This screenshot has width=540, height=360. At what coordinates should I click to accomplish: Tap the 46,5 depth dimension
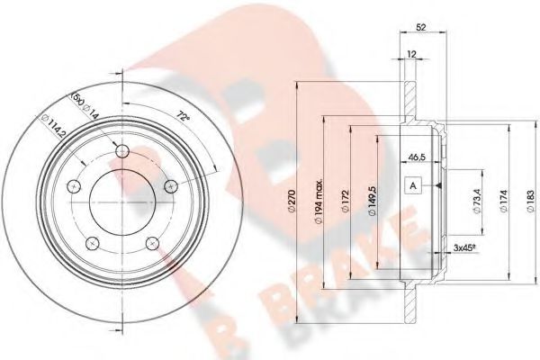click(417, 156)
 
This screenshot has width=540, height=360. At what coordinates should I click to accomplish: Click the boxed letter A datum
click(414, 186)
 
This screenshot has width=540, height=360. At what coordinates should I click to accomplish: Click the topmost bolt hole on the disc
click(123, 150)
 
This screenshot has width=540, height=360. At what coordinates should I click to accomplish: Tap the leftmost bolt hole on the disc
click(75, 186)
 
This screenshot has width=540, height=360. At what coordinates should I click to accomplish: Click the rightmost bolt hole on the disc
click(172, 185)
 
